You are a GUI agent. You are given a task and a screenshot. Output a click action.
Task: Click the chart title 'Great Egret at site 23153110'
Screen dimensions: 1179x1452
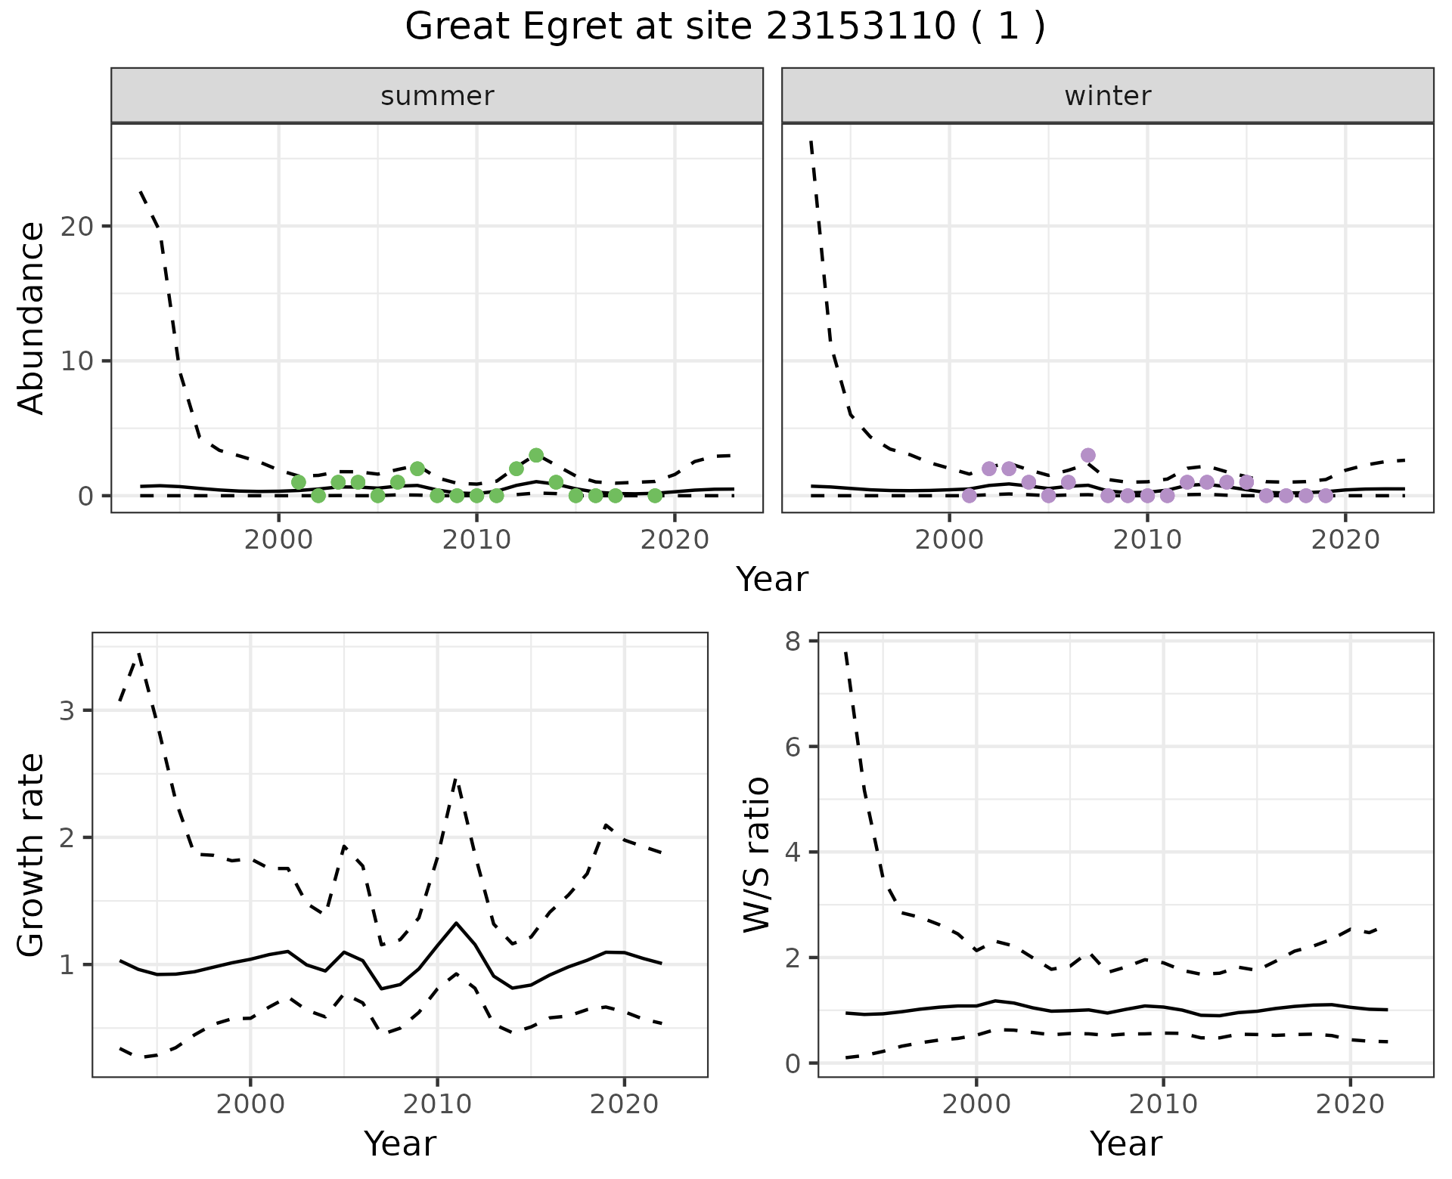click(x=724, y=27)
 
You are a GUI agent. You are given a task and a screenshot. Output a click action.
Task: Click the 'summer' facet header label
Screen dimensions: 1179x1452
click(x=437, y=96)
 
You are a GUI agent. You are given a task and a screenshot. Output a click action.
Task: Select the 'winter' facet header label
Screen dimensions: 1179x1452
click(x=1107, y=96)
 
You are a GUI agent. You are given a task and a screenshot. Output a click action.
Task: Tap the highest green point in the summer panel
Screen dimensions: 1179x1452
click(x=536, y=455)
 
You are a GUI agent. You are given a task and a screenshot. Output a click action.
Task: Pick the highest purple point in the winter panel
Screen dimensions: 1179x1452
click(x=1087, y=455)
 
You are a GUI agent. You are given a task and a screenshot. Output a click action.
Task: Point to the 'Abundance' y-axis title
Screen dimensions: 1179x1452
click(x=32, y=317)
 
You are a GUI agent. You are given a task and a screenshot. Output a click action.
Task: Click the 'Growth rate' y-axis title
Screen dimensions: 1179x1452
click(x=32, y=856)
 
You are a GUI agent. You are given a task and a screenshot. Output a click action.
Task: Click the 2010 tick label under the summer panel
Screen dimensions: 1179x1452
click(x=476, y=540)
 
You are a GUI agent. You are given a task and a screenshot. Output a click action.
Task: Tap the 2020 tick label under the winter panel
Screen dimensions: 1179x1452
click(x=1345, y=540)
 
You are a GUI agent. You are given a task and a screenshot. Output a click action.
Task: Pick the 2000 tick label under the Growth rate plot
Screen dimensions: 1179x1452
click(x=250, y=1104)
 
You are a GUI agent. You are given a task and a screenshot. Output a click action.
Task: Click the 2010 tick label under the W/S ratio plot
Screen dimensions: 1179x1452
click(x=1163, y=1104)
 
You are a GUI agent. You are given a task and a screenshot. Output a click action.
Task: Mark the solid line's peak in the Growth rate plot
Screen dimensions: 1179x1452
click(x=455, y=923)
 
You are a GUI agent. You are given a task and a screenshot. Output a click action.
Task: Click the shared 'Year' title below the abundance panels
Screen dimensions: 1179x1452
click(x=772, y=580)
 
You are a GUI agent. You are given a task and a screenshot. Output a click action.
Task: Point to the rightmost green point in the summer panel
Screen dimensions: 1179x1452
click(x=655, y=496)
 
